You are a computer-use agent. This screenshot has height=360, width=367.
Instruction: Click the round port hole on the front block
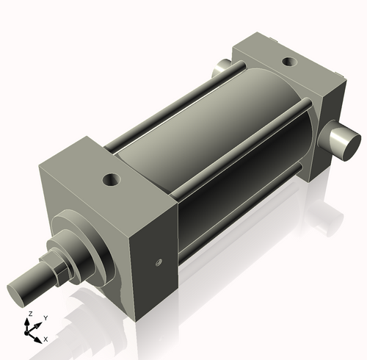[x=112, y=178]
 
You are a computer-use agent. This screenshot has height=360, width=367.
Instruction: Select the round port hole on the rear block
[x=288, y=60]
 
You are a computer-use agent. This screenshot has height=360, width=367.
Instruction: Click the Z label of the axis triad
[x=29, y=314]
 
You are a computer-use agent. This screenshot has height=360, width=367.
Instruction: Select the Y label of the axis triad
[x=45, y=317]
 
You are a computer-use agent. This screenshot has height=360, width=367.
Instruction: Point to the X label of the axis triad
[x=46, y=339]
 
